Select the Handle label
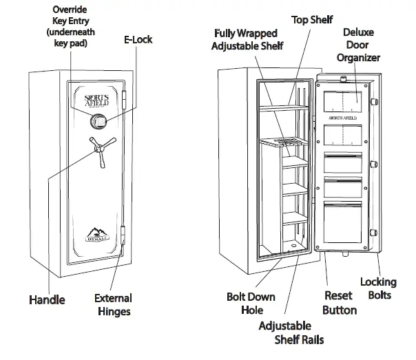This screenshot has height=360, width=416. (x=46, y=299)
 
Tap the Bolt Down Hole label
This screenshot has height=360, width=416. (x=251, y=304)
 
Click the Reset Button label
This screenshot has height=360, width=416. (x=340, y=303)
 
